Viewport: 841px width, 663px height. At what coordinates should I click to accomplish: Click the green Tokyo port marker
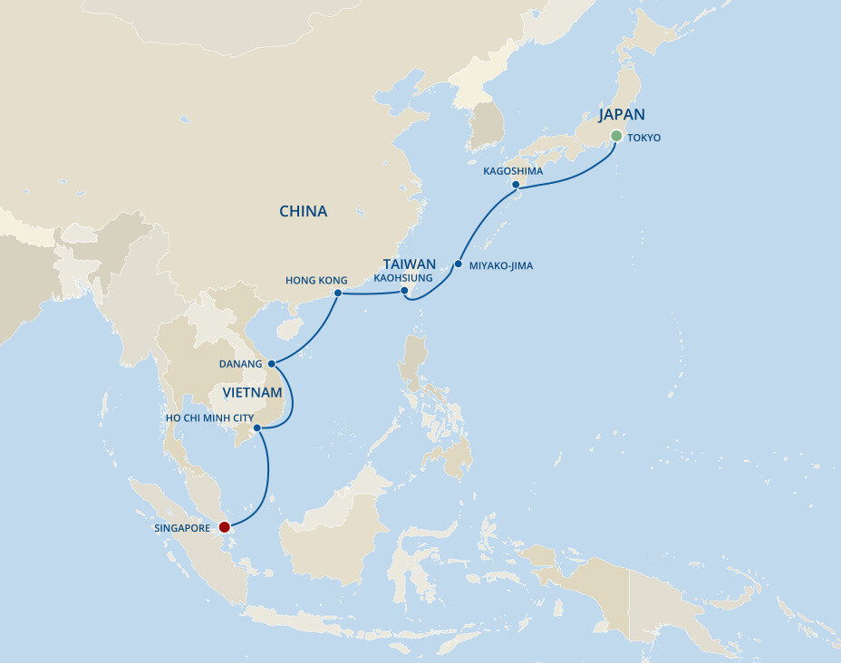click(x=616, y=136)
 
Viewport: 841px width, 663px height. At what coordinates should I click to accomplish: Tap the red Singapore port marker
click(x=225, y=526)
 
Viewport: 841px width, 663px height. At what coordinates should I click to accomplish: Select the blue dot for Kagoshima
click(x=515, y=185)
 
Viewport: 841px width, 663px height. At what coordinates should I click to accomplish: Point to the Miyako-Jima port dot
click(x=459, y=264)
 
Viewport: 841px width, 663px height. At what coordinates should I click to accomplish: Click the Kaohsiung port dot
click(x=404, y=291)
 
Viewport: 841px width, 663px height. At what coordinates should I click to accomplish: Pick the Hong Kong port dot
click(x=337, y=293)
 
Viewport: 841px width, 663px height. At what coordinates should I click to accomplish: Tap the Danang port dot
click(x=271, y=363)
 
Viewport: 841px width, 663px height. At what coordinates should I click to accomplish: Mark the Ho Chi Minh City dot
click(x=257, y=428)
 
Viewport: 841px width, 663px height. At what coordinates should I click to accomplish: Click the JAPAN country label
click(x=622, y=115)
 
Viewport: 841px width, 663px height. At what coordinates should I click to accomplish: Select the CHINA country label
click(x=304, y=212)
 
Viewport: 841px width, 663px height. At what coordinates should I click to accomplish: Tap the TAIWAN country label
click(x=410, y=264)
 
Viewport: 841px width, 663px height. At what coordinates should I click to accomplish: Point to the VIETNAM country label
click(x=253, y=393)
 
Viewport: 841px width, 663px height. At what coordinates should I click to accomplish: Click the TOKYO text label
click(x=643, y=139)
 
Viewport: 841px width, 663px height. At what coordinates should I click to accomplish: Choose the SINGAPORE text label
click(x=183, y=527)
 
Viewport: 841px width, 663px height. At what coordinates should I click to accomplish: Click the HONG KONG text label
click(x=316, y=281)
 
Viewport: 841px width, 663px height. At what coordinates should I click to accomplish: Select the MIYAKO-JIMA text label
click(x=500, y=266)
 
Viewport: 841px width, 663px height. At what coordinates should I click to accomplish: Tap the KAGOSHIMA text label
click(x=513, y=171)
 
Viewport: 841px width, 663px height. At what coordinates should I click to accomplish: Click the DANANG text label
click(x=240, y=364)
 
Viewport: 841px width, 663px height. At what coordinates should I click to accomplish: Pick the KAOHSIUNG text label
click(x=403, y=278)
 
